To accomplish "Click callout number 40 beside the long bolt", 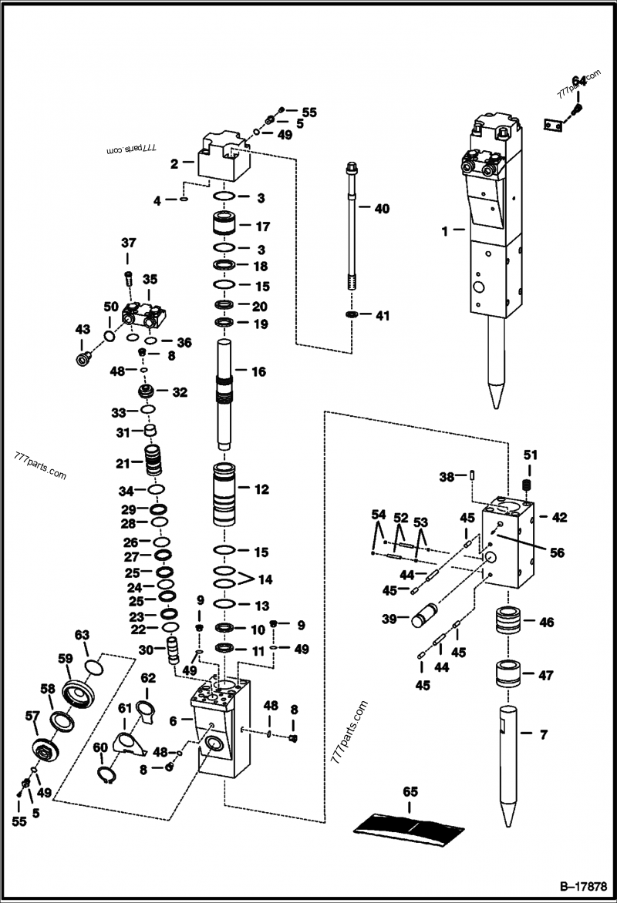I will click(383, 208).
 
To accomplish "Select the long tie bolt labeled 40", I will click(353, 231).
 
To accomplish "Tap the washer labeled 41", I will click(352, 315).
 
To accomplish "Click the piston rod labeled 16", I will click(224, 393).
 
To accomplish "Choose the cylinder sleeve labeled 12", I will click(224, 493).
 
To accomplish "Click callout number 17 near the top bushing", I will click(261, 227).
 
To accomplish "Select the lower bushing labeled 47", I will click(507, 675).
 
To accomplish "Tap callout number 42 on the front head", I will click(559, 518).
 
